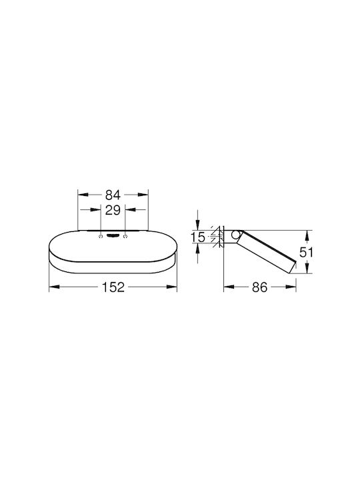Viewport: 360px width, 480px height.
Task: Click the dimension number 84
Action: click(x=113, y=195)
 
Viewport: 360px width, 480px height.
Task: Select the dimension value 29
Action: click(x=113, y=210)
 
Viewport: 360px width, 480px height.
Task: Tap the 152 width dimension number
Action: click(x=113, y=287)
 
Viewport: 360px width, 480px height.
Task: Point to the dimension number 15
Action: click(x=198, y=237)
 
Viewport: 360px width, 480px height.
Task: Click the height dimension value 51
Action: click(x=306, y=252)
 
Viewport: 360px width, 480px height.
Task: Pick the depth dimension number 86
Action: click(x=259, y=287)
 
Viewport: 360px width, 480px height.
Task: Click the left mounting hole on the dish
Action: click(x=101, y=237)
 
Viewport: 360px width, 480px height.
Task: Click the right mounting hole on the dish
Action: click(x=125, y=237)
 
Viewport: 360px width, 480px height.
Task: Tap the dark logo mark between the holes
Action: click(x=113, y=236)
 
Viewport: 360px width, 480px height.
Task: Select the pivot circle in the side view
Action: click(x=235, y=235)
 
